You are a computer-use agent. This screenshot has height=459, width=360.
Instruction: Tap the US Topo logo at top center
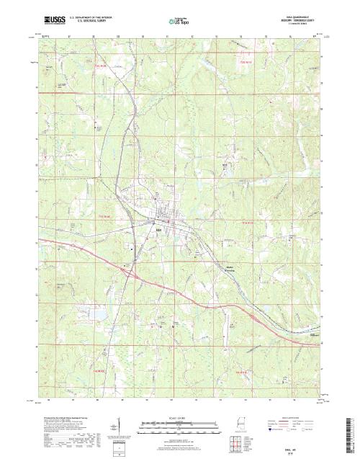pyautogui.click(x=179, y=21)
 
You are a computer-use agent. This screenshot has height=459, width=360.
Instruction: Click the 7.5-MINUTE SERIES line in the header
pyautogui.click(x=302, y=24)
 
